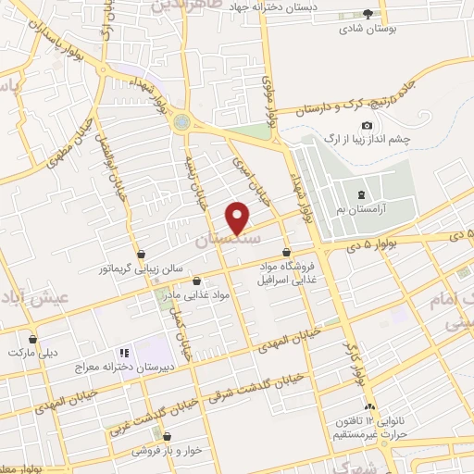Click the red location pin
point(239,218)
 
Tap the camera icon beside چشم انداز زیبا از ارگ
point(368,126)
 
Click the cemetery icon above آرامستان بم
point(360,194)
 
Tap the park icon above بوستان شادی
point(368,14)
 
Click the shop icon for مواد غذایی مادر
point(195,280)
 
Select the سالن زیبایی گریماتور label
point(141,268)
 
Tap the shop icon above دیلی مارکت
point(33,339)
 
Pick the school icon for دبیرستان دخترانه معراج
point(122,353)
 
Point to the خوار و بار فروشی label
point(168,451)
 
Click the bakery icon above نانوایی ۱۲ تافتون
point(370,407)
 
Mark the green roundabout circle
point(181,121)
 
